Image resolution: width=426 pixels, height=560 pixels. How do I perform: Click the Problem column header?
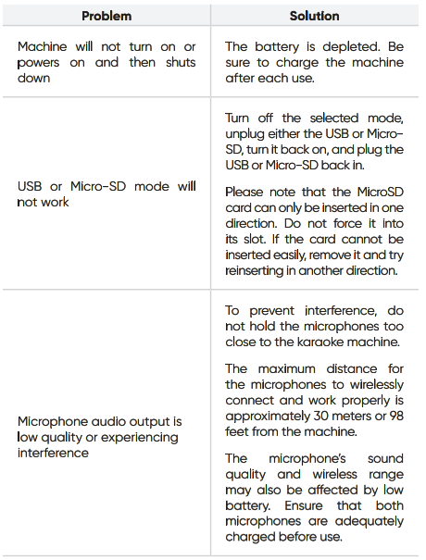(106, 16)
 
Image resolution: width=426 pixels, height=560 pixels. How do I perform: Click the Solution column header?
(314, 16)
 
